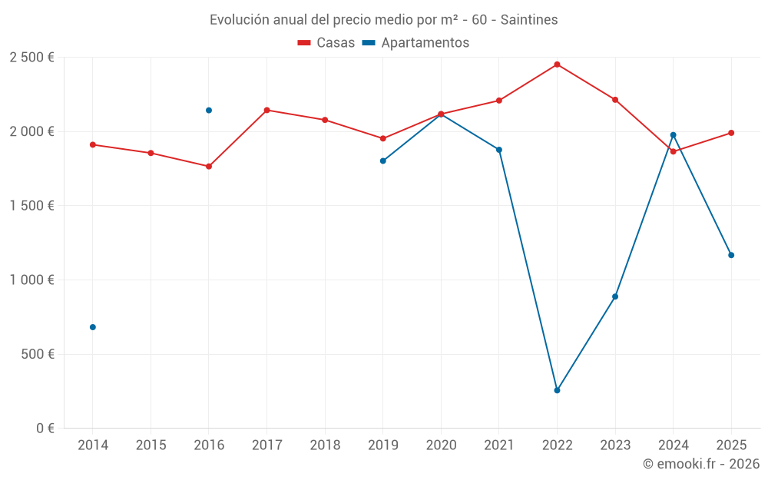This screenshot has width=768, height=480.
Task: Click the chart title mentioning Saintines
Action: (383, 19)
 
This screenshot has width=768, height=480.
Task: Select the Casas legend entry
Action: (326, 43)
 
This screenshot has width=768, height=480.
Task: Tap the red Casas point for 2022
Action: (557, 65)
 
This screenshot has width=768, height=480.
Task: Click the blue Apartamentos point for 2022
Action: (557, 390)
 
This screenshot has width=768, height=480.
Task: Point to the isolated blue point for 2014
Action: (93, 327)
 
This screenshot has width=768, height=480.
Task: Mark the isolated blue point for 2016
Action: (209, 111)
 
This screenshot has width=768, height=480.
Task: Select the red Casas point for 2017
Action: (266, 110)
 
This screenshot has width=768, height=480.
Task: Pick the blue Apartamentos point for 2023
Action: (615, 296)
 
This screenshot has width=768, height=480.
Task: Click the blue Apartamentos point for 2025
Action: (731, 255)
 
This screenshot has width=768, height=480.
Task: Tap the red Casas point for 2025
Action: (731, 133)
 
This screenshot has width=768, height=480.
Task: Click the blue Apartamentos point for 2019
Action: (382, 161)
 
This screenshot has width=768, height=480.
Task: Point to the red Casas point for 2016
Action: (209, 166)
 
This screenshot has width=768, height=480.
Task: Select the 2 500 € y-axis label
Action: (31, 58)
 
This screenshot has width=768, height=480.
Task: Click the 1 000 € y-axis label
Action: (31, 280)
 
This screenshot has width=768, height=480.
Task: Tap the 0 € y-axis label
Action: (44, 429)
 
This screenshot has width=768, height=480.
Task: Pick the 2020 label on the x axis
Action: (441, 445)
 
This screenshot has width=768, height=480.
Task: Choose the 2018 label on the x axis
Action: (325, 445)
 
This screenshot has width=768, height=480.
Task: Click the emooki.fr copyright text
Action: (700, 464)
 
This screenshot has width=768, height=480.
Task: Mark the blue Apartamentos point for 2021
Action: (499, 150)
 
